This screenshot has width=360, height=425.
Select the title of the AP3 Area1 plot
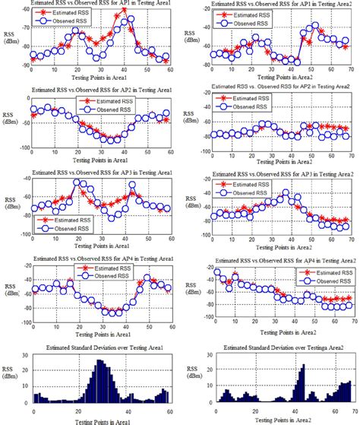(97, 174)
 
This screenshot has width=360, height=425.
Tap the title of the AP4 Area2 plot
(271, 260)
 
